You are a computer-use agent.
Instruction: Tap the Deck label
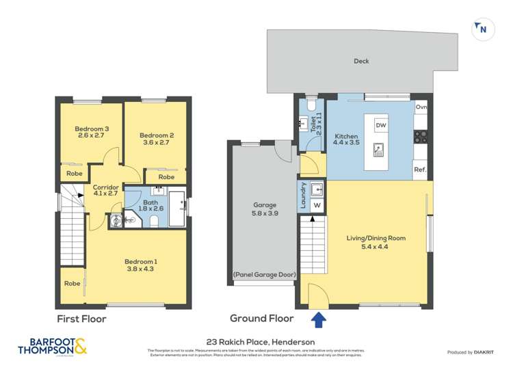pos(361,62)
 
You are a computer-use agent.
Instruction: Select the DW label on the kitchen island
pos(381,126)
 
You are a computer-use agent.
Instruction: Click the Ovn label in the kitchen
pos(421,107)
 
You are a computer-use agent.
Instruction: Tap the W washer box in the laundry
pos(317,204)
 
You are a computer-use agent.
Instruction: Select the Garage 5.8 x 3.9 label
pos(264,209)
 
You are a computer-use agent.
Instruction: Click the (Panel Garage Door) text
pos(264,275)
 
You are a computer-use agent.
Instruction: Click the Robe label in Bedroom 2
pos(166,177)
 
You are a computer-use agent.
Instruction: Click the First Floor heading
pos(82,319)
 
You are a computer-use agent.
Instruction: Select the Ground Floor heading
pos(261,319)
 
